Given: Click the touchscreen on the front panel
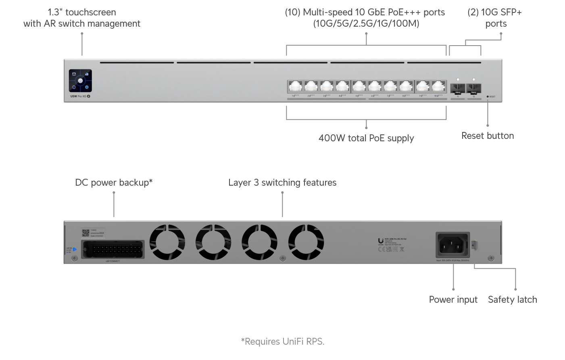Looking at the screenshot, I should (80, 81).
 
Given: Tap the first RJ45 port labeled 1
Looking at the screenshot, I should (295, 86).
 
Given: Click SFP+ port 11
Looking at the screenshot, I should (458, 88).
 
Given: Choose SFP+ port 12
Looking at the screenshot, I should (473, 88).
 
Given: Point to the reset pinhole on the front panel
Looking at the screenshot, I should (488, 97).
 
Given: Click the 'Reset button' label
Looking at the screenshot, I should (487, 136).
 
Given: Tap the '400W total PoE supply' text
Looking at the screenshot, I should (366, 138).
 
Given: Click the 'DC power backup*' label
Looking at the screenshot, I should (114, 182).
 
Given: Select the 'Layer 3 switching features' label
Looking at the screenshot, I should (282, 182).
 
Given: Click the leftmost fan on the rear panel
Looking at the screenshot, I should (167, 243).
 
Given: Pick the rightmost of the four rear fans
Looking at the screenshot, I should (306, 243).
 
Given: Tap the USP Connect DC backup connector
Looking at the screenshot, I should (113, 249).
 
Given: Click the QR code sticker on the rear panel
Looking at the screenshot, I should (85, 233).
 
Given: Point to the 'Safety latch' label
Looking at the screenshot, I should (512, 299).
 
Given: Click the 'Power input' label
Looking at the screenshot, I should (453, 299).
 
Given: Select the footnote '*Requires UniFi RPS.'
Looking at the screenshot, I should (282, 341).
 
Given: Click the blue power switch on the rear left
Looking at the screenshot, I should (75, 249).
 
